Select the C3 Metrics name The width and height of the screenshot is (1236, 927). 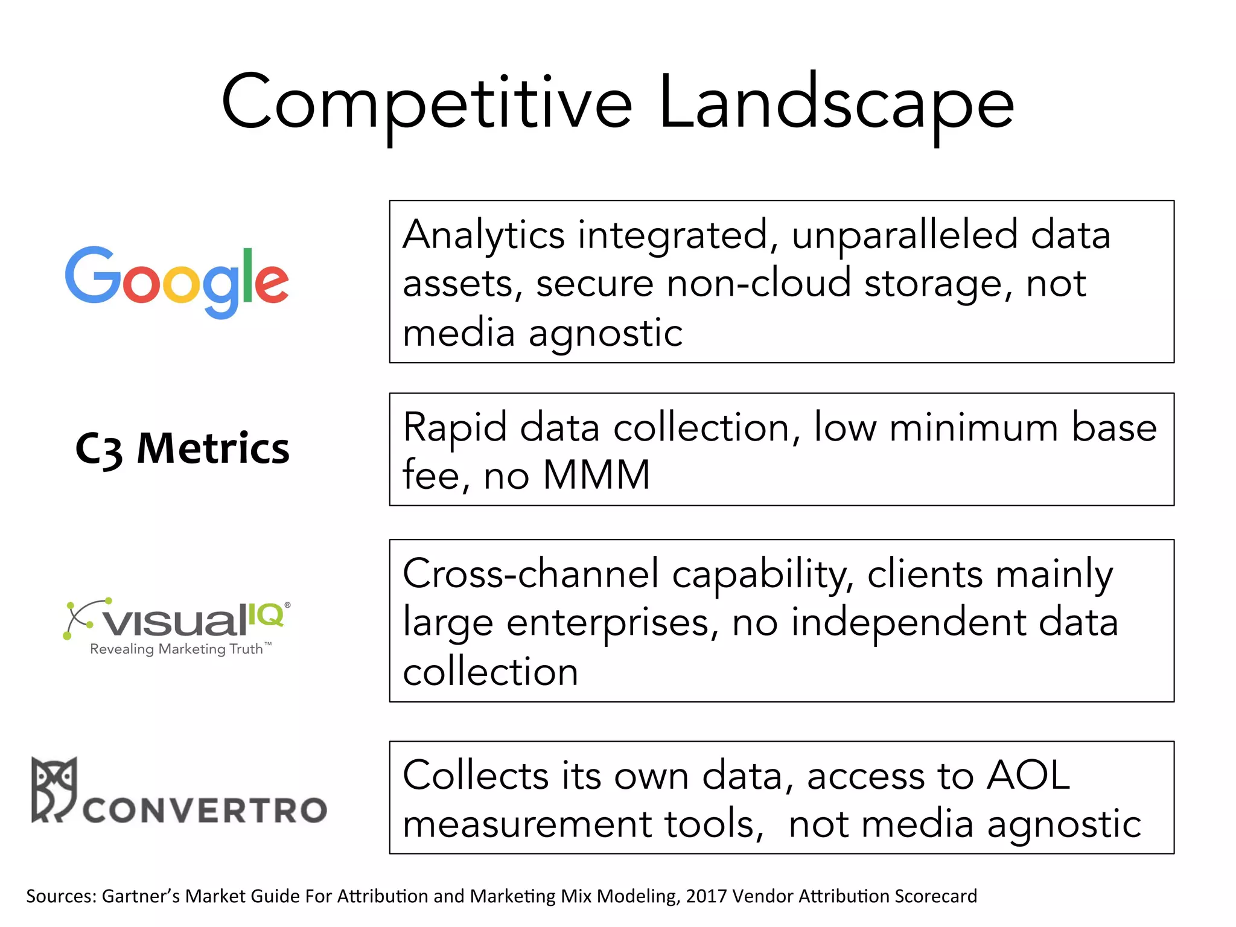(182, 448)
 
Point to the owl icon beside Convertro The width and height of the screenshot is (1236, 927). (54, 788)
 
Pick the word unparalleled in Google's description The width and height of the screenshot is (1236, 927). (903, 235)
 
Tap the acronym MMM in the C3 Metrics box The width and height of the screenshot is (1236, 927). (596, 474)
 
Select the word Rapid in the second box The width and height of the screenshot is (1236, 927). (454, 427)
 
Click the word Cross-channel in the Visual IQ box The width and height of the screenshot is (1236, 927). (530, 573)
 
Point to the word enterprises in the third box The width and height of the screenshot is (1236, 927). (613, 623)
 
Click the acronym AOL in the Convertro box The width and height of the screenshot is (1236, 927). (1027, 775)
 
